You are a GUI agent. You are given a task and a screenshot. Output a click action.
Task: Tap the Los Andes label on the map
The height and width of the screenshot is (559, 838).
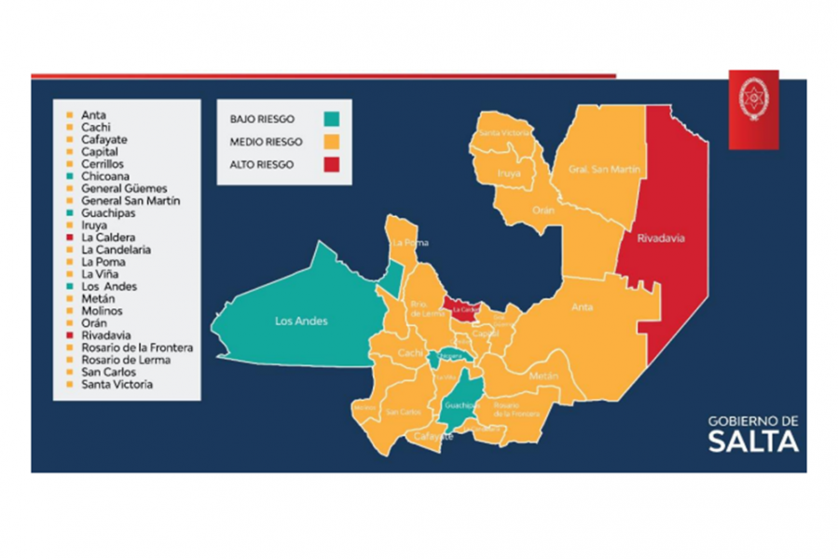(301, 321)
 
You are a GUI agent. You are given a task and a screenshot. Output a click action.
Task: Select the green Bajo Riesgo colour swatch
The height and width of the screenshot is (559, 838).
(332, 119)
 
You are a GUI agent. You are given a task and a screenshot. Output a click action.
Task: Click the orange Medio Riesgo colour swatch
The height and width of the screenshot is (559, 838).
(332, 142)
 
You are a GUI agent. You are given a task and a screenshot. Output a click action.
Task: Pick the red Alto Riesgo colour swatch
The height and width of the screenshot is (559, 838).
(332, 164)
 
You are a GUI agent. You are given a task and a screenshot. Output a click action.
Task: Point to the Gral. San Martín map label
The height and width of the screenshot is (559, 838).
(591, 169)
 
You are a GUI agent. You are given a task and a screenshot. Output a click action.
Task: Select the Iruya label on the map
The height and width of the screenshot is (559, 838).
(508, 172)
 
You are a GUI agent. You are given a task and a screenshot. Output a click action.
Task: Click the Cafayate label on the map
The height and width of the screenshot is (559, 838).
(433, 436)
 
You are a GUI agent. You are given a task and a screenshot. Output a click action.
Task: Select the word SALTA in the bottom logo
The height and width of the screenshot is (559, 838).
(752, 442)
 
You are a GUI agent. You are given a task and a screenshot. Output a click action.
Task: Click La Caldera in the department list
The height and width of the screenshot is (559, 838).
(107, 238)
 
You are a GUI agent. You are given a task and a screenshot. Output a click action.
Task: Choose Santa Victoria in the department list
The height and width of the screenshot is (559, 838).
(117, 384)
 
